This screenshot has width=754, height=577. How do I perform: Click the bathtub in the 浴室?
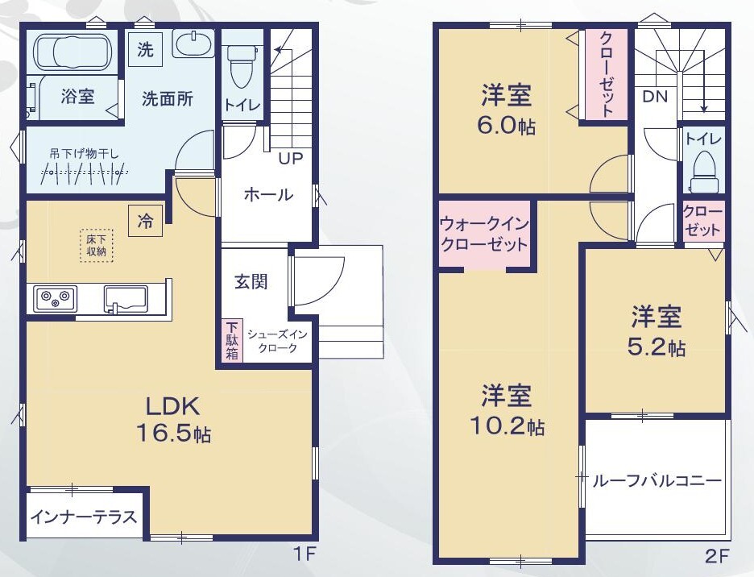pyautogui.click(x=75, y=51)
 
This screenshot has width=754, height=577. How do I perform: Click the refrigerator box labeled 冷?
pyautogui.click(x=145, y=221)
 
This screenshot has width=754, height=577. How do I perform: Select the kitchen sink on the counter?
pyautogui.click(x=126, y=300)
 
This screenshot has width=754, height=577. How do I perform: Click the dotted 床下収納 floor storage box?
pyautogui.click(x=97, y=246)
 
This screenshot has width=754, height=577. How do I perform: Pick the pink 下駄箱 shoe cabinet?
pyautogui.click(x=232, y=341)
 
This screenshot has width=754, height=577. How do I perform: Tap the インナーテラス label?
pyautogui.click(x=84, y=517)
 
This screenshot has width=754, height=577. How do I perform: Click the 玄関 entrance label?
pyautogui.click(x=251, y=282)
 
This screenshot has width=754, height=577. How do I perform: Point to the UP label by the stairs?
pyautogui.click(x=291, y=159)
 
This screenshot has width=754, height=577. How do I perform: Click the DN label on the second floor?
pyautogui.click(x=656, y=97)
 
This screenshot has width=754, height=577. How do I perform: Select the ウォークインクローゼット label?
pyautogui.click(x=484, y=235)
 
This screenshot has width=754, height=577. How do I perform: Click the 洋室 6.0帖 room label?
pyautogui.click(x=507, y=110)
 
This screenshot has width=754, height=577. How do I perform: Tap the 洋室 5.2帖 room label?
pyautogui.click(x=657, y=331)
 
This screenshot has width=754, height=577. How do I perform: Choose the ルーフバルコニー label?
pyautogui.click(x=657, y=481)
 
